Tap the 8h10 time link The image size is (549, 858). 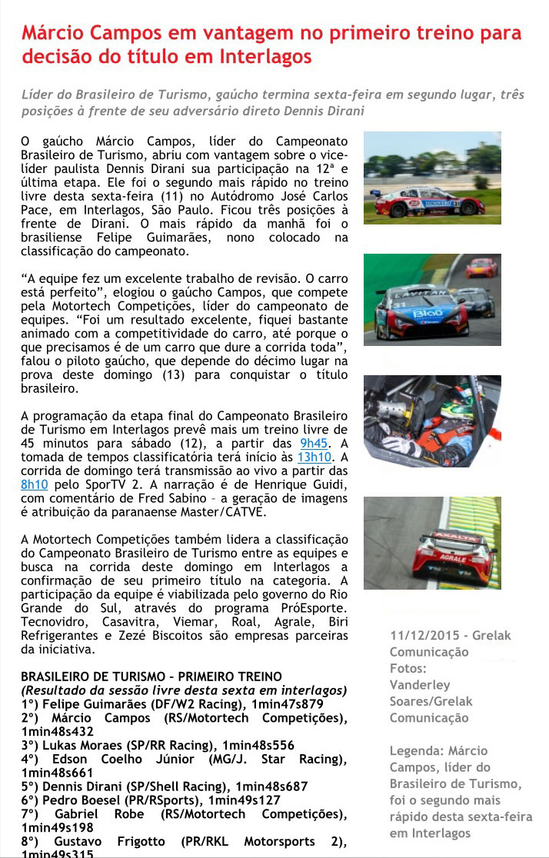(x=35, y=484)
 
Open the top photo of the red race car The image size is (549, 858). (x=431, y=178)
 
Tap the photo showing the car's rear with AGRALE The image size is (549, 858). (x=431, y=543)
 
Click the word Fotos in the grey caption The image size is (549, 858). (x=408, y=668)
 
